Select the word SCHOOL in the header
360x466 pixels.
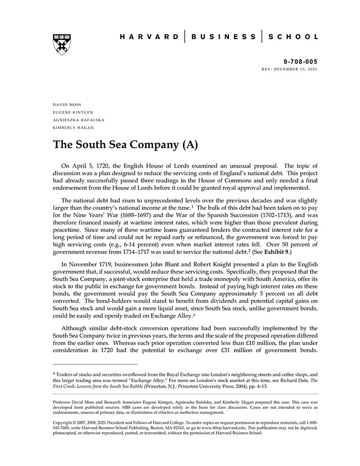tap(294, 37)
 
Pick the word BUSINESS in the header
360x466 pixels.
tap(223, 37)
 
